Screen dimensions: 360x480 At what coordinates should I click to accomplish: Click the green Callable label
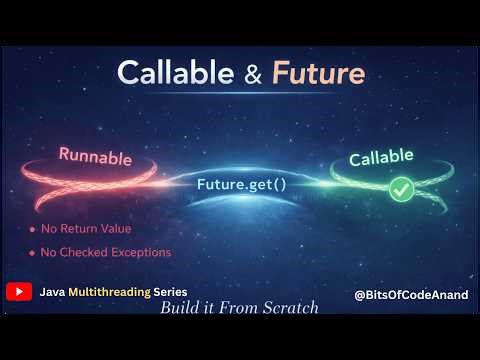click(x=384, y=159)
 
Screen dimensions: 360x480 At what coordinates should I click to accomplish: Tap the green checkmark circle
click(x=374, y=188)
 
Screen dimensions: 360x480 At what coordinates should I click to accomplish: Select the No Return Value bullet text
click(x=95, y=228)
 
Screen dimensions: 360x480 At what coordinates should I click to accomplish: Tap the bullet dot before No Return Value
click(x=32, y=229)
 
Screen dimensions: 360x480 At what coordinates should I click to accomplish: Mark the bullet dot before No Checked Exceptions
click(x=32, y=253)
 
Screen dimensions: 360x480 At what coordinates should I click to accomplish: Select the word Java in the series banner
click(x=53, y=293)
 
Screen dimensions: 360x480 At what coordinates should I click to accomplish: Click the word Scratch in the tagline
click(x=289, y=309)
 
